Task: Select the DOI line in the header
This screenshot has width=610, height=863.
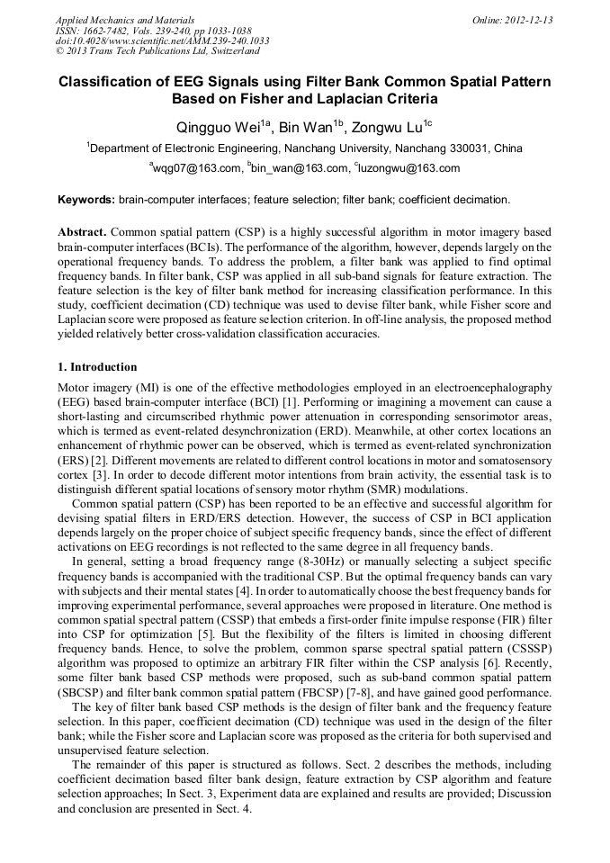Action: click(x=162, y=41)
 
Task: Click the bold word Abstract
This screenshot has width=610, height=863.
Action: click(x=83, y=230)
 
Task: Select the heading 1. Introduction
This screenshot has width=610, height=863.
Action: click(x=97, y=367)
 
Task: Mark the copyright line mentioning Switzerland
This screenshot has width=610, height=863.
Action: click(x=148, y=52)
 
